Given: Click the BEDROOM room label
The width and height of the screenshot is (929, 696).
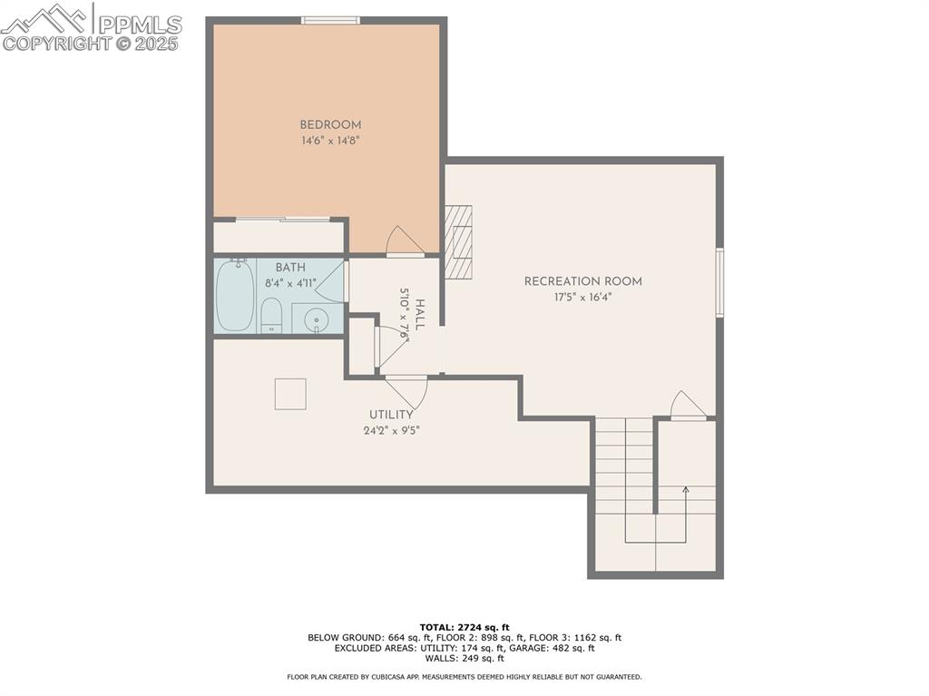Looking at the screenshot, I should (330, 125).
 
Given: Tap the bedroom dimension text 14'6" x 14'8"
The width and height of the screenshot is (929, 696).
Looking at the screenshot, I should (330, 141).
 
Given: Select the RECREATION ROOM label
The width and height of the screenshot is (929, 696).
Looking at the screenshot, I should (582, 281).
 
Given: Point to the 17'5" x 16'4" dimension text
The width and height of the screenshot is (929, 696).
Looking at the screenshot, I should (582, 297).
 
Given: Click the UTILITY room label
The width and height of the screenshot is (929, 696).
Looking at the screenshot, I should (391, 415).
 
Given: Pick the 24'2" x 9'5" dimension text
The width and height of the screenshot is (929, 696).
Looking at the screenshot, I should (391, 430).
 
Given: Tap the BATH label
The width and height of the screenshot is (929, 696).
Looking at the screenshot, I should (290, 268).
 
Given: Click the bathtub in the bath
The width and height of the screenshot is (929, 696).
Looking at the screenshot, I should (235, 296).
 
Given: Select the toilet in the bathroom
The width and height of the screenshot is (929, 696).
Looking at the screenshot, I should (271, 317).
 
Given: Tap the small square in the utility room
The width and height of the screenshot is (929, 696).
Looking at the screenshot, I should (290, 393).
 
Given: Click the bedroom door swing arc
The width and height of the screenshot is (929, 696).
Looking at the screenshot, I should (404, 240).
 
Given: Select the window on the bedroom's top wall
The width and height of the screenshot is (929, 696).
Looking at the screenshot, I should (330, 20).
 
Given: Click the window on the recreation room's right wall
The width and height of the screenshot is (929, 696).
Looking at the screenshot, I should (719, 282).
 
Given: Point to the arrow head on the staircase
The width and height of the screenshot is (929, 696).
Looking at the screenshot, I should (685, 491).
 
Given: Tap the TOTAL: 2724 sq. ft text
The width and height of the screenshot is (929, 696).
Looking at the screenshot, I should (464, 627).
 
